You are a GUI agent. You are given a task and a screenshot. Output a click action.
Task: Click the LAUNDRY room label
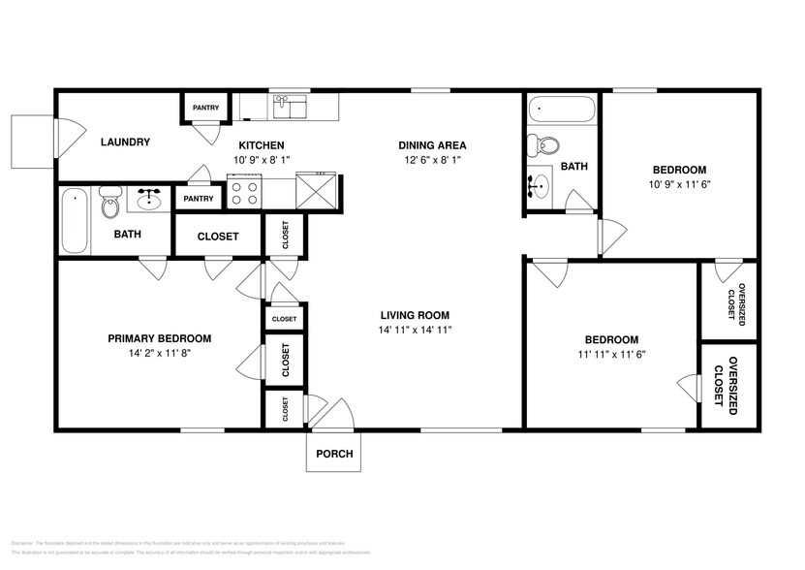(x=125, y=142)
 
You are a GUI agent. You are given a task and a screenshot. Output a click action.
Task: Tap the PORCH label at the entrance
(x=334, y=454)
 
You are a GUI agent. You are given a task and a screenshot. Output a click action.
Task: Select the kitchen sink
(x=289, y=105)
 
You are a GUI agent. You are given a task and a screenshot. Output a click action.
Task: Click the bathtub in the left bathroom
(x=74, y=219)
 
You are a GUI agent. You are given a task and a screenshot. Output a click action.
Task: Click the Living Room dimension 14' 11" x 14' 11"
(x=415, y=331)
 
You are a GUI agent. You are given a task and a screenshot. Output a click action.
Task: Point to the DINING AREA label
(x=429, y=145)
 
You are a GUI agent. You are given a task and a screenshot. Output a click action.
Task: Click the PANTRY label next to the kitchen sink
(x=205, y=108)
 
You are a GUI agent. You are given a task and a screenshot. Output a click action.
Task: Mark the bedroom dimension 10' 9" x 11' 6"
(x=678, y=184)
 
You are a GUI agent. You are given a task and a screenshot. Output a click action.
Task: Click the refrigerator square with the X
(x=318, y=190)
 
